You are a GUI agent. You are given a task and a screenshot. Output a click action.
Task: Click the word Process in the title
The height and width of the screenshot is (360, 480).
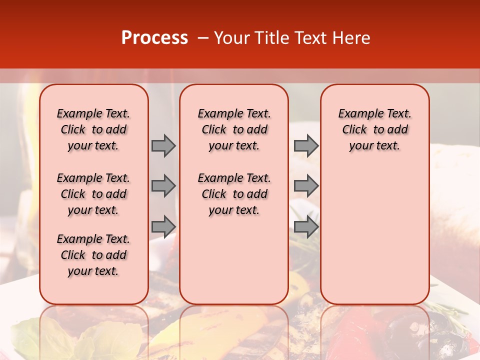click(154, 38)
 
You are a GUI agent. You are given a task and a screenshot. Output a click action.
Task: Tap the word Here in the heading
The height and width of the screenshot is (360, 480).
click(352, 38)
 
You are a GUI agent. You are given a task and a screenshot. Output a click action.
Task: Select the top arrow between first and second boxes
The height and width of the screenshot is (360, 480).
click(163, 146)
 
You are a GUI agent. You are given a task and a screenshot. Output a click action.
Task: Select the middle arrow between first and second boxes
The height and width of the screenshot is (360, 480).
click(163, 186)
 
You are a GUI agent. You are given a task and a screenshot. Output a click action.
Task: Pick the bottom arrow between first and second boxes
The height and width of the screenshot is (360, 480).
click(163, 226)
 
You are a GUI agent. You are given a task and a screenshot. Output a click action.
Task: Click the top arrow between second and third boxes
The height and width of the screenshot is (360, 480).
click(306, 146)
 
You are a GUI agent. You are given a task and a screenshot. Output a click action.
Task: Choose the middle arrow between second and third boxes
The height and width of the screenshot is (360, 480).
click(306, 186)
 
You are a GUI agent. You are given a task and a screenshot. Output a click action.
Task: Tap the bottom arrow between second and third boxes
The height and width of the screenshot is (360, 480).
click(306, 226)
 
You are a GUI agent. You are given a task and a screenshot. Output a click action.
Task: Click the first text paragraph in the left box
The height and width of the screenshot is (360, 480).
click(93, 129)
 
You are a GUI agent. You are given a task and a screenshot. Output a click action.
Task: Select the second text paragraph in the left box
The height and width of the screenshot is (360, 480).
click(93, 194)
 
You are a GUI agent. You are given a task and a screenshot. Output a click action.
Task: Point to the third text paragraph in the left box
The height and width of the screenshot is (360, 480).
click(93, 255)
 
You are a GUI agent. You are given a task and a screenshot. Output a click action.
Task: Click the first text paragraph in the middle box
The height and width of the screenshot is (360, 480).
click(234, 129)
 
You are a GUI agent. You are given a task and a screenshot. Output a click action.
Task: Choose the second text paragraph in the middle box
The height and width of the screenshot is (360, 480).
click(234, 194)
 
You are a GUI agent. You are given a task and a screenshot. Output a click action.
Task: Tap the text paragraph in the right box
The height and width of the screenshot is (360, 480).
click(375, 129)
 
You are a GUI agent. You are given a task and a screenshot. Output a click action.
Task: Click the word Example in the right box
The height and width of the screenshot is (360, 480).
click(356, 114)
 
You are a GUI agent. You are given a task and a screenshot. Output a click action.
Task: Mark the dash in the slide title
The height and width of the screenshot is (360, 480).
click(203, 38)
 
